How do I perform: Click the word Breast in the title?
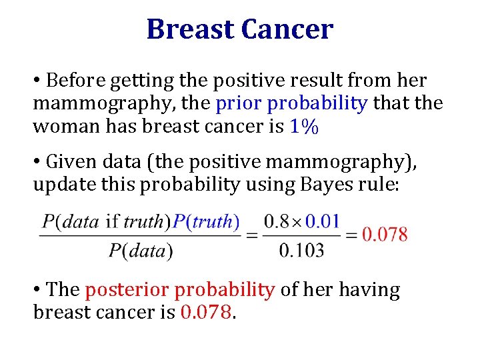(191, 29)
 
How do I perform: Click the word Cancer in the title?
(287, 29)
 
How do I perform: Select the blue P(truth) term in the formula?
(206, 222)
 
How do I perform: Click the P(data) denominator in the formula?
(141, 251)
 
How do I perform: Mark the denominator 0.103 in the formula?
(301, 251)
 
